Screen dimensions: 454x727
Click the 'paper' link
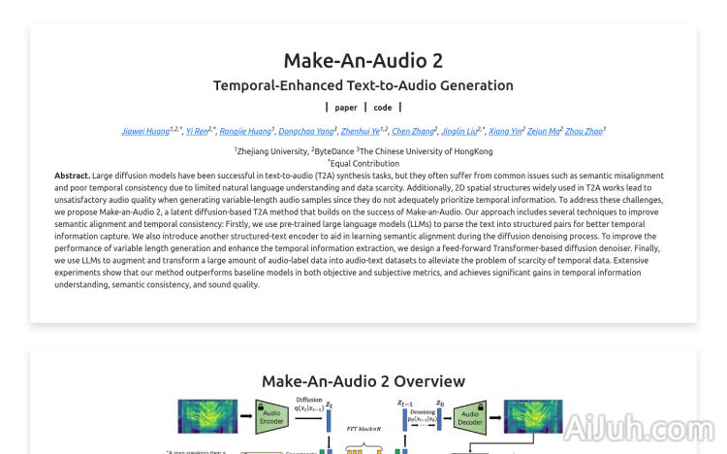pos(346,108)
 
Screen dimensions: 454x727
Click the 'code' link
pos(382,108)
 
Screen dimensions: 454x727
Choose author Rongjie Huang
pos(246,130)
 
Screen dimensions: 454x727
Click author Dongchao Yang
pos(304,130)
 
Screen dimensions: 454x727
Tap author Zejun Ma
pos(547,130)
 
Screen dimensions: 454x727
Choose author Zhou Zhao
pos(585,130)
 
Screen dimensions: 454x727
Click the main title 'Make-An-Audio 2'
pos(363,60)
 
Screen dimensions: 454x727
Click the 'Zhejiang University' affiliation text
pos(270,151)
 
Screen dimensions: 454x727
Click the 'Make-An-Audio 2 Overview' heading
pos(363,381)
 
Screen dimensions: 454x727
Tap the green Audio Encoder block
pos(272,416)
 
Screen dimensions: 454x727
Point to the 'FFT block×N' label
pos(357,426)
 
